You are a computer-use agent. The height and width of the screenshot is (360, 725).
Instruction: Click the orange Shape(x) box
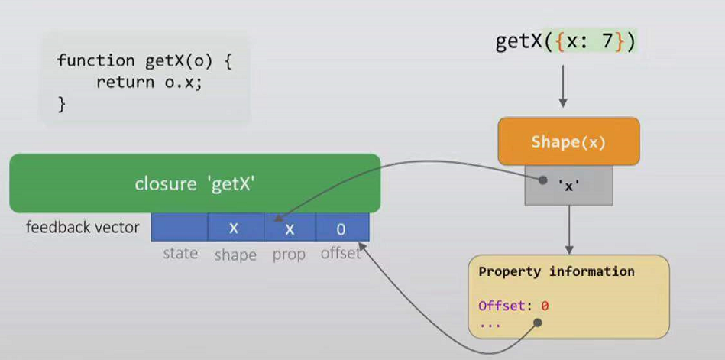(568, 141)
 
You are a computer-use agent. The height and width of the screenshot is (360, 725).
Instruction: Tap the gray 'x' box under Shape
(568, 185)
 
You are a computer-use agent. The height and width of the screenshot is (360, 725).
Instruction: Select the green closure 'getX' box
(195, 183)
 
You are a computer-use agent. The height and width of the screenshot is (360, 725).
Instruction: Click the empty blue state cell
(180, 228)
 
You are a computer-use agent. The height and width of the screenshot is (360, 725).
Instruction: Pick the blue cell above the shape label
(236, 228)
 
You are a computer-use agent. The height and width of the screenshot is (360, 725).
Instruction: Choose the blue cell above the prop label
(290, 228)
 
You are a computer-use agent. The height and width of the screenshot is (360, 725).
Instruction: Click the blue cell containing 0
(341, 228)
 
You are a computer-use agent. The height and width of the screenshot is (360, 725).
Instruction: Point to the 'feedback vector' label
(83, 227)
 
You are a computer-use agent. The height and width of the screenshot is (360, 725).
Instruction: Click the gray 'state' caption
(180, 253)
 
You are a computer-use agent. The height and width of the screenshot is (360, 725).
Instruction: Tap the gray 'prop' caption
(289, 254)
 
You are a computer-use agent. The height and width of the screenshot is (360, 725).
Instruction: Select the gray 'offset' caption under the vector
(341, 253)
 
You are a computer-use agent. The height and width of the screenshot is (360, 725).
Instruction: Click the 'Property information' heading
(556, 271)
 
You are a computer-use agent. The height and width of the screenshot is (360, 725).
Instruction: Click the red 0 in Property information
(545, 306)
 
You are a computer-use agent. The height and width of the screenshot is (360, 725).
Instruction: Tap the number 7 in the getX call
(607, 41)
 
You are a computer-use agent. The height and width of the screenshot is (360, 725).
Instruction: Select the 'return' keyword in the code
(121, 83)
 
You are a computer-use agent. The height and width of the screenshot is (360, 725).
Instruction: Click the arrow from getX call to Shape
(563, 86)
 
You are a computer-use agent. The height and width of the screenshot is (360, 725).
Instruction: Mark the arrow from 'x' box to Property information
(568, 229)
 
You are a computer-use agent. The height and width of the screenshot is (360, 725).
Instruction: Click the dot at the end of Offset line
(537, 323)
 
